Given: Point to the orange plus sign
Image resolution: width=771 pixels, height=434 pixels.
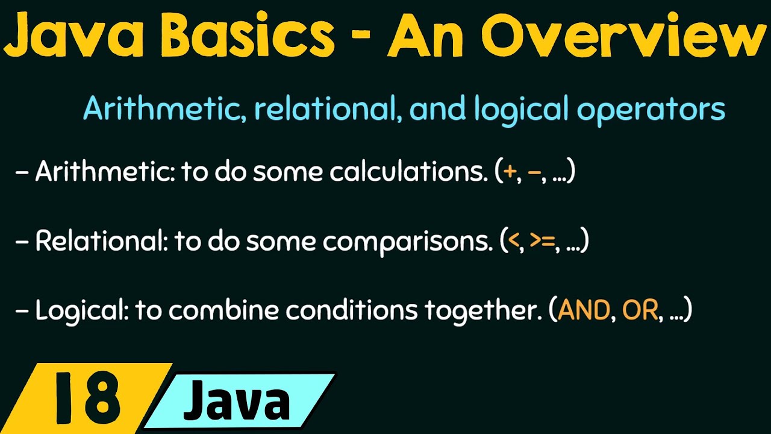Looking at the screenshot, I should (510, 172).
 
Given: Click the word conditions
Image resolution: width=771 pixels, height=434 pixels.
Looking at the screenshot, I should (352, 311).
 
